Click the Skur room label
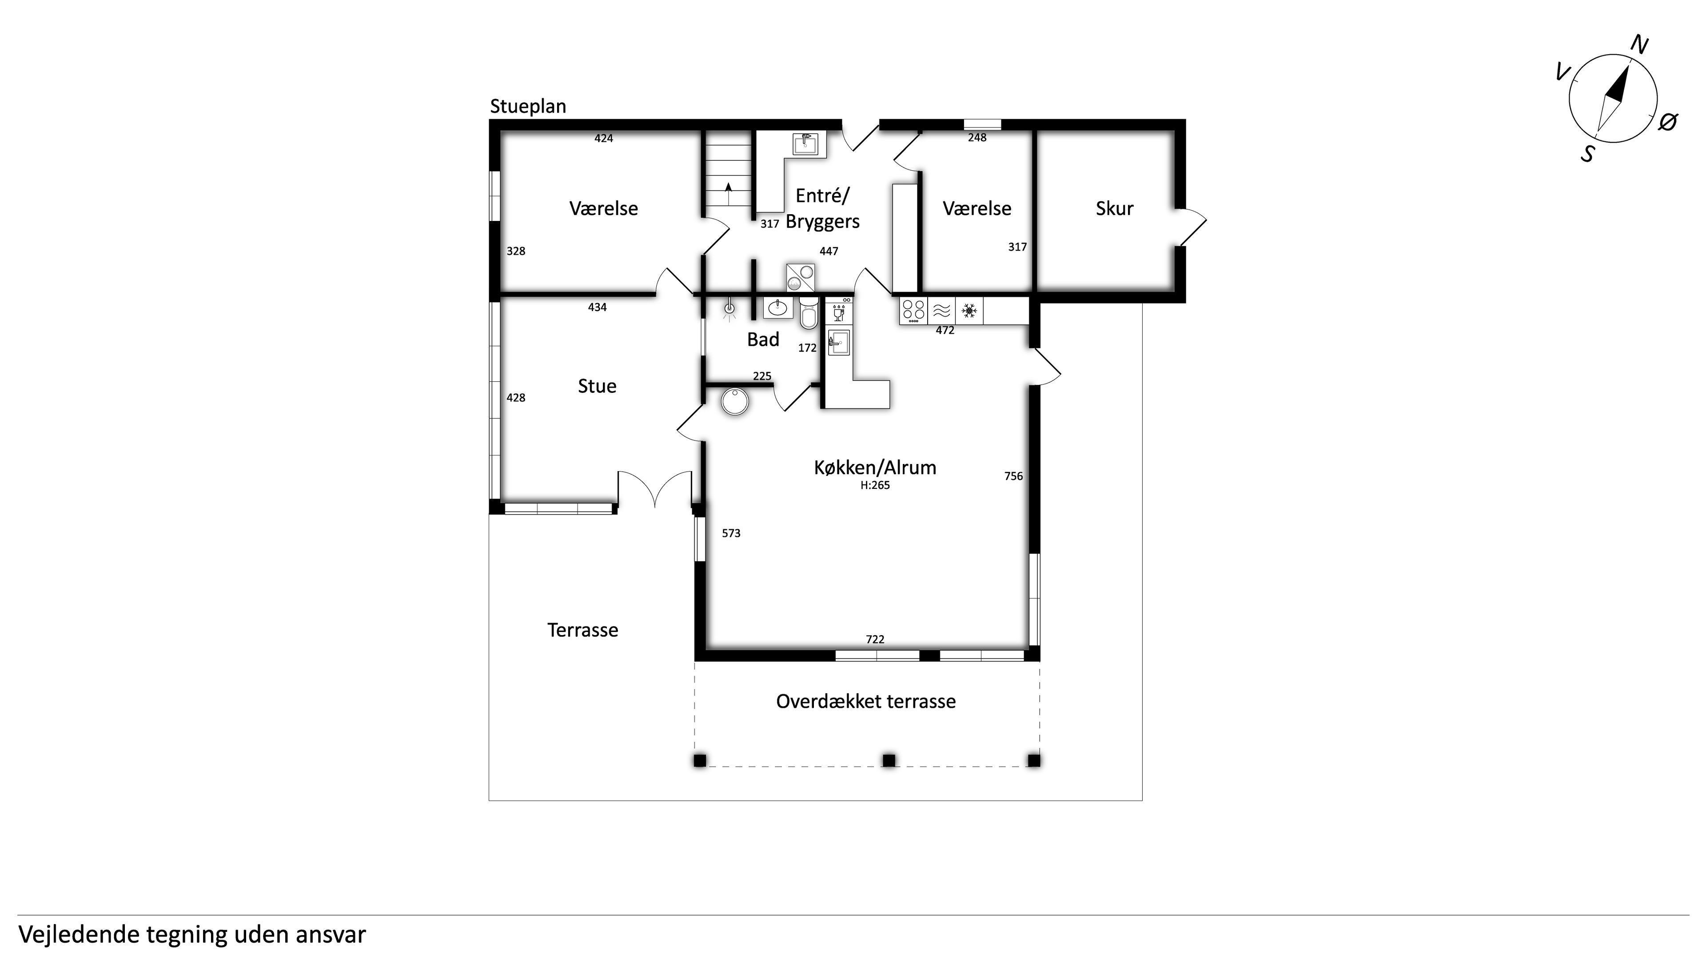1115,209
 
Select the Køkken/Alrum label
875,468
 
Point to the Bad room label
763,340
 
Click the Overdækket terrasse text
865,702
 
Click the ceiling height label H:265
875,485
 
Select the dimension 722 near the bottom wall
875,640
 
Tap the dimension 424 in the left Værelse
603,139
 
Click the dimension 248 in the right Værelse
977,138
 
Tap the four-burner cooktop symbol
914,310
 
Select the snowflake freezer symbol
969,310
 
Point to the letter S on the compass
1587,154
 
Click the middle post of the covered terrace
889,760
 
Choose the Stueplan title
528,107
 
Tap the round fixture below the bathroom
734,401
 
